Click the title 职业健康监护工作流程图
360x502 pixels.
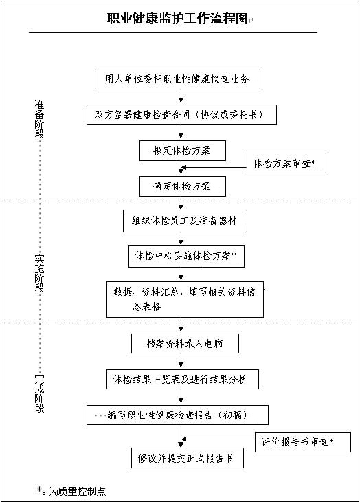pos(177,19)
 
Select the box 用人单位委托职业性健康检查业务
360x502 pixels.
pos(177,79)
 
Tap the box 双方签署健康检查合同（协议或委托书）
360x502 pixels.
pos(181,115)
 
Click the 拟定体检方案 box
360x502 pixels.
pos(183,151)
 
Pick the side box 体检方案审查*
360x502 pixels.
pos(286,163)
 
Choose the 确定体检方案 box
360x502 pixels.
pos(183,186)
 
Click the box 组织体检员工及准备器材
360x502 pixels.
pos(185,221)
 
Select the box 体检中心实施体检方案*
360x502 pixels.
pos(186,256)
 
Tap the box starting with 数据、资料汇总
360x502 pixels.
pos(185,299)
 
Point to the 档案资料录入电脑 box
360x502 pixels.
pos(185,344)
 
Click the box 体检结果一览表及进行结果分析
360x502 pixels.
pos(183,380)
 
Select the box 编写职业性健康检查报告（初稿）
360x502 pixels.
pos(177,415)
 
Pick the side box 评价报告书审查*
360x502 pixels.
pos(303,442)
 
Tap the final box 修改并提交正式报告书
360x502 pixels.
pos(188,458)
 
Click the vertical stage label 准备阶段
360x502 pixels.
pos(39,119)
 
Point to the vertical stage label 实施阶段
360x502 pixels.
pos(39,274)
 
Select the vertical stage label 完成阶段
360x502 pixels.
pos(39,393)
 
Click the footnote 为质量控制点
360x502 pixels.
pos(77,491)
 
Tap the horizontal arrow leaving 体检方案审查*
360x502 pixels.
pos(214,167)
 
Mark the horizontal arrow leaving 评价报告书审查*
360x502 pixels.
pos(218,439)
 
